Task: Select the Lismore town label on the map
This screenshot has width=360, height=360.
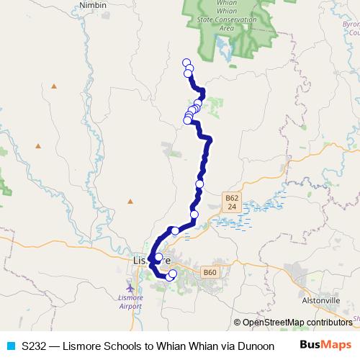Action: coord(151,258)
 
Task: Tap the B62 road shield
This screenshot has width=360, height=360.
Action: coord(231,202)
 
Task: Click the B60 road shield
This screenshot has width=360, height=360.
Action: coord(210,272)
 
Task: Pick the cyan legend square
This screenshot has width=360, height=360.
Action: coord(10,346)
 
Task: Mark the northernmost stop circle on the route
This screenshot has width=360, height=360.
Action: coord(186,63)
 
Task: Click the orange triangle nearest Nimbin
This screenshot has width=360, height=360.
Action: coord(55,86)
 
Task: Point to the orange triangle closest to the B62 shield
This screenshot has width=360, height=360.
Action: coord(130,201)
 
